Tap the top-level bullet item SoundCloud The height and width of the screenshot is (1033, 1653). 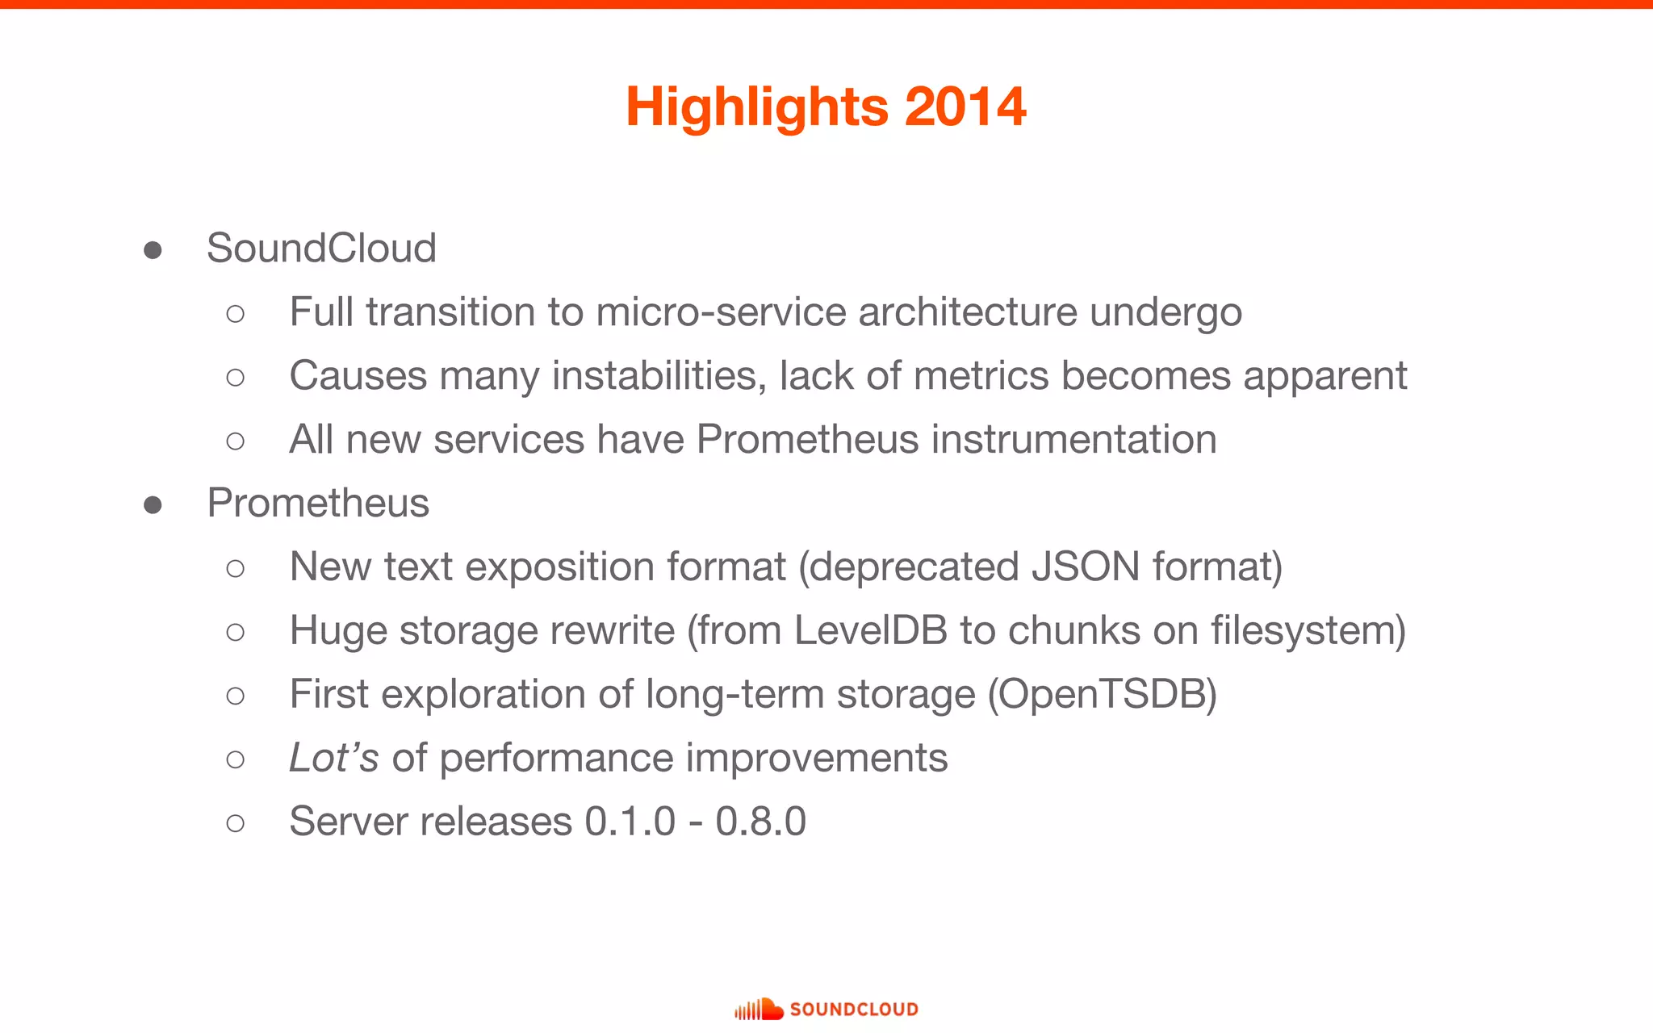pyautogui.click(x=321, y=248)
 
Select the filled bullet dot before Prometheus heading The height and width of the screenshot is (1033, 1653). pyautogui.click(x=153, y=505)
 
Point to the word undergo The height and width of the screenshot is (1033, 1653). pyautogui.click(x=1165, y=313)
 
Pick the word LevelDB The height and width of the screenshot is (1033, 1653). pyautogui.click(x=870, y=630)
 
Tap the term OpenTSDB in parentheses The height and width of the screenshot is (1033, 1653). pyautogui.click(x=1102, y=694)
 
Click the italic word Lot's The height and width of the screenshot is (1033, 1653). pyautogui.click(x=333, y=758)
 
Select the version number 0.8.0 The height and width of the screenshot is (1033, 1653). pyautogui.click(x=760, y=822)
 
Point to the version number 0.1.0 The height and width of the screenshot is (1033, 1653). pyautogui.click(x=630, y=822)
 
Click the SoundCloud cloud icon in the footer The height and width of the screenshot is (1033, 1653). pyautogui.click(x=759, y=1009)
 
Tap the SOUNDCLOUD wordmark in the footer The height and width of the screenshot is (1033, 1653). pyautogui.click(x=853, y=1010)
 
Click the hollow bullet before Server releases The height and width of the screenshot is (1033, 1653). pyautogui.click(x=235, y=823)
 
